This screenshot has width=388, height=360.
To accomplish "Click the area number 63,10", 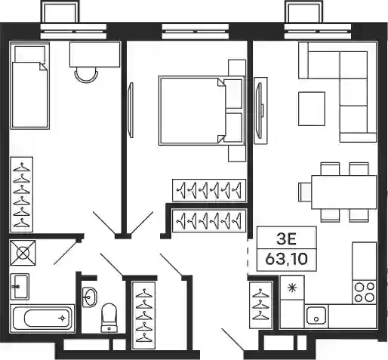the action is [286, 259].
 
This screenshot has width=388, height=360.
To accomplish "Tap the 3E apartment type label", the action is [286, 239].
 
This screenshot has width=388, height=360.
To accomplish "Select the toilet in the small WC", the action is [109, 318].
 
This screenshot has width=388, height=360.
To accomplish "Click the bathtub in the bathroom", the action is [42, 318].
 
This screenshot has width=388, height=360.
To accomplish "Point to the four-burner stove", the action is [365, 292].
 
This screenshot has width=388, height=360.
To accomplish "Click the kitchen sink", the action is [316, 315].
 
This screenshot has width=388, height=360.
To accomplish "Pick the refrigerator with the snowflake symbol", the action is [292, 288].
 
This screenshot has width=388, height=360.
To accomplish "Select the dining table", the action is [344, 192].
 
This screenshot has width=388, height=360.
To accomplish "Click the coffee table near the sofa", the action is [312, 109].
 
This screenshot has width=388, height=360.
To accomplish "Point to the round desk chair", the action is [86, 75].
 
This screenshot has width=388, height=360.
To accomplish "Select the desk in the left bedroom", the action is [94, 54].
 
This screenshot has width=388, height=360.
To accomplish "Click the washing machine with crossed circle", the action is [23, 253].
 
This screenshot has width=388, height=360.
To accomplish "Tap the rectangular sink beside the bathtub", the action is [20, 287].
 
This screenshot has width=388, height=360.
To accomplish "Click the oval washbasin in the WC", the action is [89, 297].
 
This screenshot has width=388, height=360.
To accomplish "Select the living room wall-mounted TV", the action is [260, 110].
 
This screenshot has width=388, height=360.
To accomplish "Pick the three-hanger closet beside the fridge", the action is [260, 305].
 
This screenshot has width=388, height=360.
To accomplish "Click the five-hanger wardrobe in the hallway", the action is [143, 315].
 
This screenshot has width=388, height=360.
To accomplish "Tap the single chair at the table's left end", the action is [305, 192].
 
